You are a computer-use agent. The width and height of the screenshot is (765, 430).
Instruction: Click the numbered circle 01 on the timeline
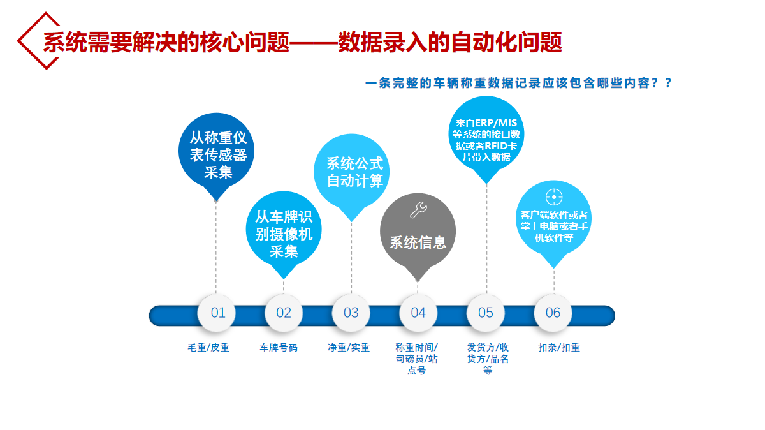pos(217,313)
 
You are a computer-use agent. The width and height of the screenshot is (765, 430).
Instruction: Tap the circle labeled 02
pos(284,313)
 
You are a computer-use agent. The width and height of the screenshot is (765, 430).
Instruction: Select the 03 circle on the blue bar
pos(351,313)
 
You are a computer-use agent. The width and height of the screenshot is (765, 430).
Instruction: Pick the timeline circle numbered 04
pos(418,313)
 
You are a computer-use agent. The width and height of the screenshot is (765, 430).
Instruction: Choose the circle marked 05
pos(485,313)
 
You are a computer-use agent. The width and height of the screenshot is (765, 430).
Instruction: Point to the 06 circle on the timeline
pos(553,313)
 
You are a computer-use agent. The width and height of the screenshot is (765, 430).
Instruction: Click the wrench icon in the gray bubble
pos(418,209)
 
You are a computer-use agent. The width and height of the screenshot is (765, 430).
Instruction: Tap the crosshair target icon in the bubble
pos(554,197)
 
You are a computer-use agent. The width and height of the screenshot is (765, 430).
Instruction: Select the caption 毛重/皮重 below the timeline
pos(208,348)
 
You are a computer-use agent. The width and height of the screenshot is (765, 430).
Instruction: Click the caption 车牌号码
pos(279,348)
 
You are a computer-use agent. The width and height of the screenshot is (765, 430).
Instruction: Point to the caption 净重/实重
pos(349,348)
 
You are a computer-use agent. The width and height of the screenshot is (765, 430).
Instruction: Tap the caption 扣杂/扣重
pos(559,348)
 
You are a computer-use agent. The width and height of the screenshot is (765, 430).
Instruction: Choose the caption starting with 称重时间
pos(417,359)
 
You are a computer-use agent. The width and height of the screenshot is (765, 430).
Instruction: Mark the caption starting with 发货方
pos(488,359)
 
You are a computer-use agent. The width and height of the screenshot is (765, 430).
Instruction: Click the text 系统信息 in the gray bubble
pos(418,242)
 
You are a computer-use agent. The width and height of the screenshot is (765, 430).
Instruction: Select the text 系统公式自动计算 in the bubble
pos(355,172)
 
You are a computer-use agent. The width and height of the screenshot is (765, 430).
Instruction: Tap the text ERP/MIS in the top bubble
pos(496,123)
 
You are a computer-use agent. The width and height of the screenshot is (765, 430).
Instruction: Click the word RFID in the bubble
pos(495,146)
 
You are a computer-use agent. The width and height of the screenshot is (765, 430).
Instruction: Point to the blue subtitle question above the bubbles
pos(518,83)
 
